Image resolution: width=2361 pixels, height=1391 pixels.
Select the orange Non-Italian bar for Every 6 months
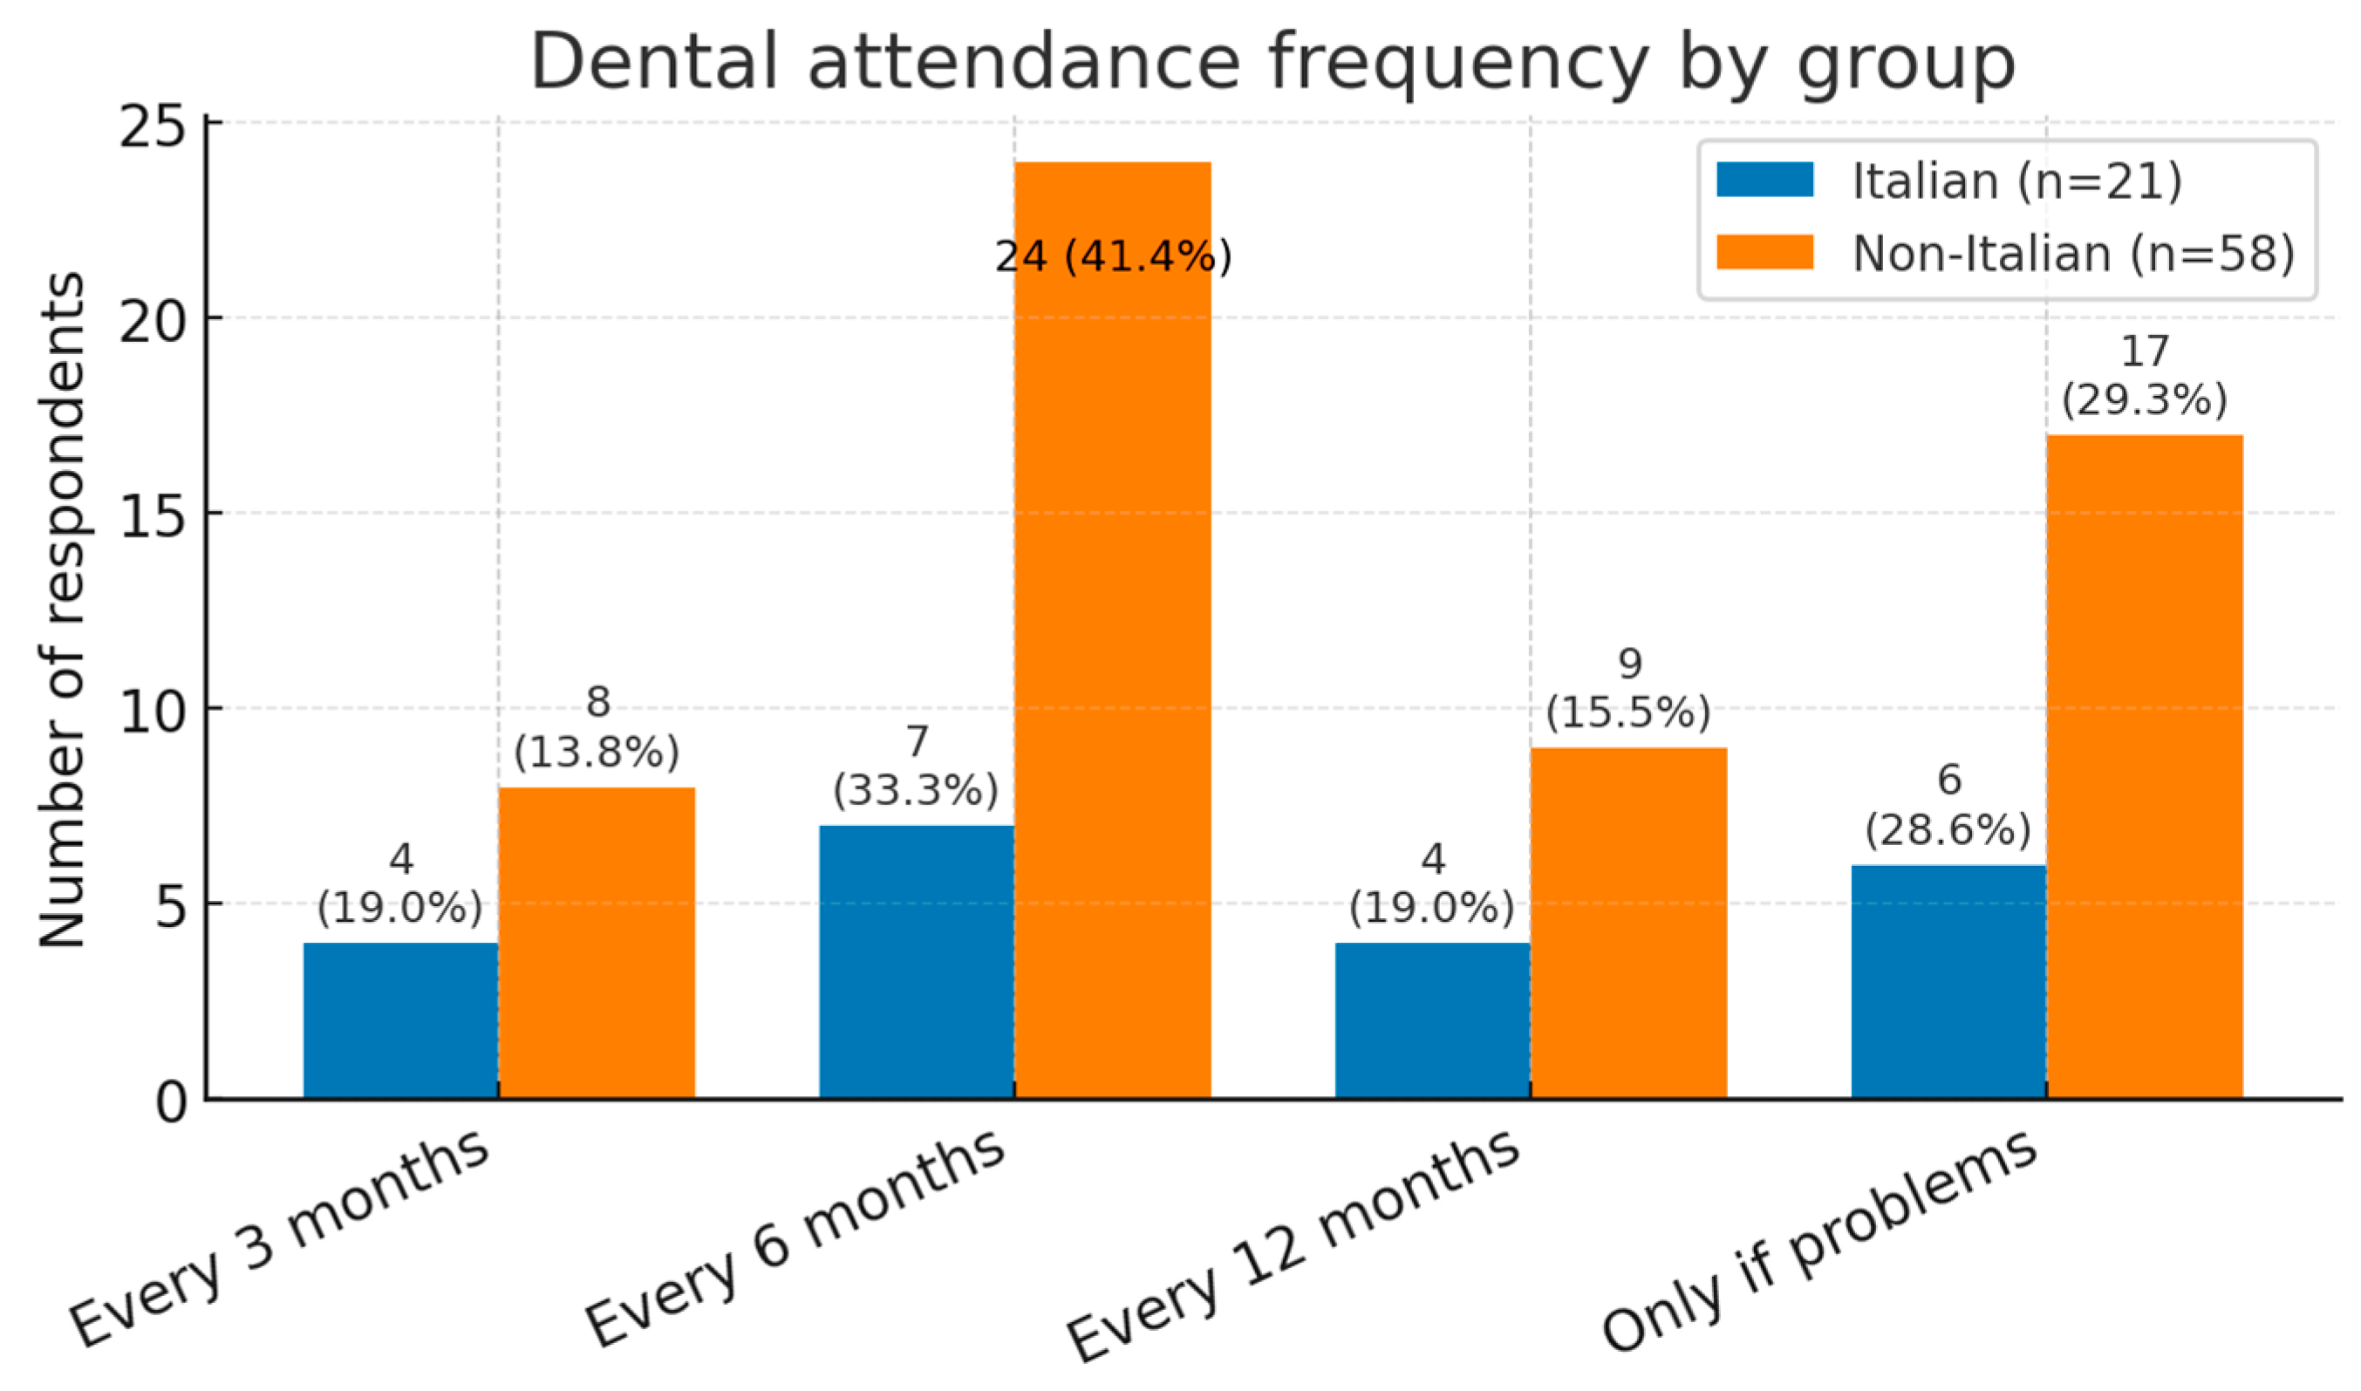point(1112,656)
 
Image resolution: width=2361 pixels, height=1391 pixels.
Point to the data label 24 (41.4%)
point(1113,256)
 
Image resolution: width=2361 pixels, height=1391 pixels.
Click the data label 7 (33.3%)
point(916,767)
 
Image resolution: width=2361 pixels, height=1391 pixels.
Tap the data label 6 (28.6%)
point(1948,806)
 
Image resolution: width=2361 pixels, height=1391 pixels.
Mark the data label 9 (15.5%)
point(1628,689)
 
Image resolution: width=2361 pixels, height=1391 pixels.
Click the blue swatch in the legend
point(1764,180)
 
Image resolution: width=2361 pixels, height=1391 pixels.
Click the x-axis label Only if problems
point(1819,1242)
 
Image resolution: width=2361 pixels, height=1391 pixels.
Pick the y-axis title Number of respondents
point(62,610)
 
